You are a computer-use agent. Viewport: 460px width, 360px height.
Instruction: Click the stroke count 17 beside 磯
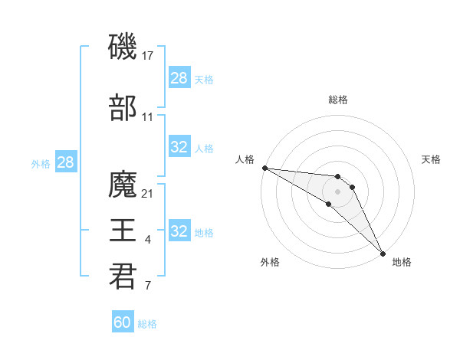149,55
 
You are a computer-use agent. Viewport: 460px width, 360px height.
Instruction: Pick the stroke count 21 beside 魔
149,193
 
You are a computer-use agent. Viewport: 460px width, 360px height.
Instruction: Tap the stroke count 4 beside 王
148,241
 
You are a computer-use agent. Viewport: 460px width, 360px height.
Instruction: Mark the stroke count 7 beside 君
148,286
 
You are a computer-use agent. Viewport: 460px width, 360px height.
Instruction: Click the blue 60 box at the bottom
123,322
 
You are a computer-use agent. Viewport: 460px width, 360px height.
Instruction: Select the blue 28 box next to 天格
179,78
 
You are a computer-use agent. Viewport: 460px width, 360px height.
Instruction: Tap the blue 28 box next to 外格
65,162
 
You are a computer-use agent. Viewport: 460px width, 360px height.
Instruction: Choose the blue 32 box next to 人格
179,147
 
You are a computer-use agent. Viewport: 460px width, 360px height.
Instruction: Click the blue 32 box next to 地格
179,231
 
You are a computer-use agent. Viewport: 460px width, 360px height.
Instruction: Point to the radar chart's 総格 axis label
338,100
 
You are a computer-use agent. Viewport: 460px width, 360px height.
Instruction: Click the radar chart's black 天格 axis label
431,159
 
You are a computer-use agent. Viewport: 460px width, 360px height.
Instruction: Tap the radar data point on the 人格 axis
264,168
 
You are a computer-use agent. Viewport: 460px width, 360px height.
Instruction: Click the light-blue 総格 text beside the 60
147,324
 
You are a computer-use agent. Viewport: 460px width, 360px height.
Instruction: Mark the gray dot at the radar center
338,191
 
